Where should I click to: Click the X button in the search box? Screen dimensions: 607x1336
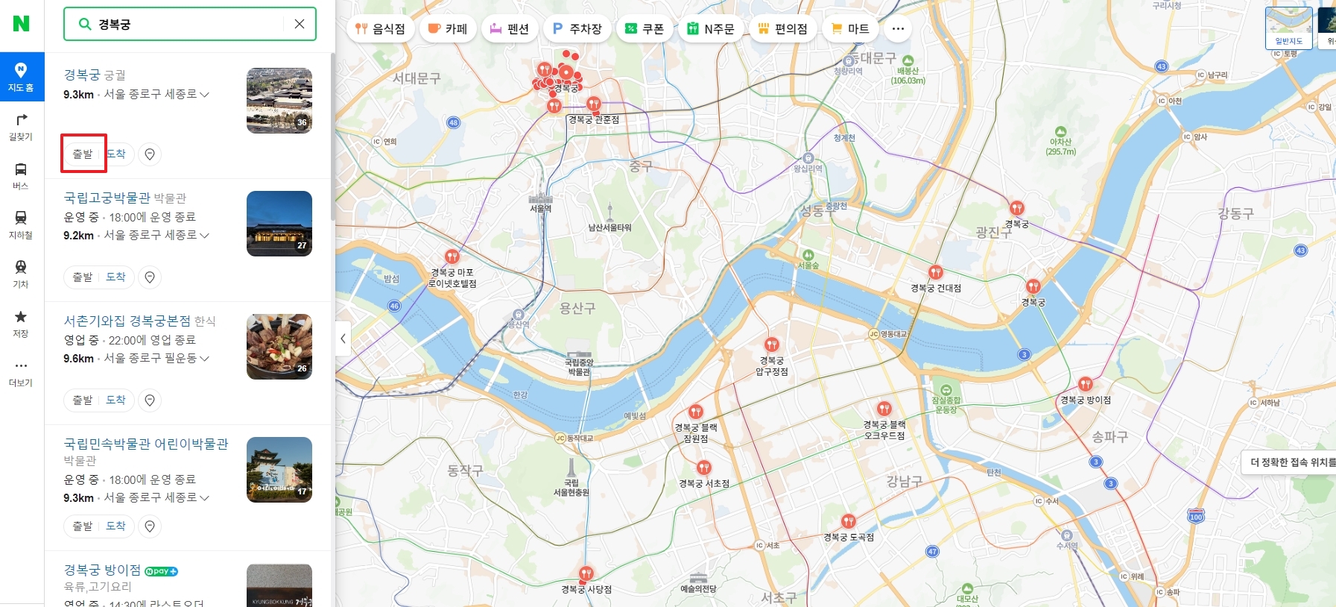[300, 24]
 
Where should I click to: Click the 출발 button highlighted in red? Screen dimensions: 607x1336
[83, 154]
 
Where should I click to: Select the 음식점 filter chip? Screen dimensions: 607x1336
[380, 28]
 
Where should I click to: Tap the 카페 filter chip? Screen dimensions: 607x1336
[448, 28]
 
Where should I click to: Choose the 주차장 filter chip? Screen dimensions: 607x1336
[577, 28]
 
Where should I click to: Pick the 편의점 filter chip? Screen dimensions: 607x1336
[782, 28]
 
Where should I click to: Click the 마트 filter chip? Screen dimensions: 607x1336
[850, 28]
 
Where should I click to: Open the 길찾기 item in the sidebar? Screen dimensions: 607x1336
[21, 126]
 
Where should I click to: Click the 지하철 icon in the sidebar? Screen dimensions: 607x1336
[21, 224]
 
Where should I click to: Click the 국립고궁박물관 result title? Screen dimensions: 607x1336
[107, 198]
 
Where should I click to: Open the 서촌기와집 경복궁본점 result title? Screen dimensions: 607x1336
[127, 321]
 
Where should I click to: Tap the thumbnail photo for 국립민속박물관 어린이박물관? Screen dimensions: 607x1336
[279, 469]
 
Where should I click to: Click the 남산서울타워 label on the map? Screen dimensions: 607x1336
[610, 227]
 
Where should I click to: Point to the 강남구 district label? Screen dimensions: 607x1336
[904, 482]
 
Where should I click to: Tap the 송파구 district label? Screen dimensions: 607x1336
[1109, 437]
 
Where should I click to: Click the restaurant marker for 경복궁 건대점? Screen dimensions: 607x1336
[936, 273]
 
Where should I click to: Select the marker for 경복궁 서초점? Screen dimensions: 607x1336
[704, 468]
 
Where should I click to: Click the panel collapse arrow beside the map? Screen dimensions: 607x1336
[343, 339]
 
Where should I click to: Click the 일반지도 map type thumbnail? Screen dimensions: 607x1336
[1288, 28]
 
